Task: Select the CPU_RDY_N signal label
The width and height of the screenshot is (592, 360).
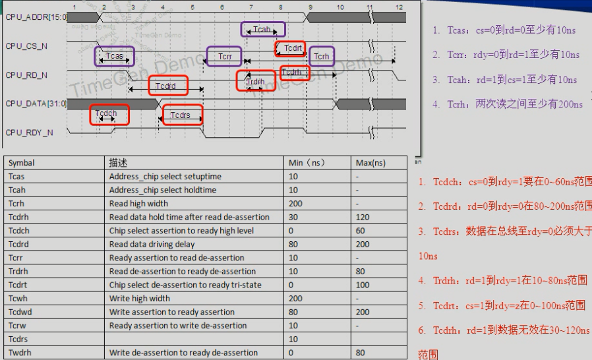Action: (29, 133)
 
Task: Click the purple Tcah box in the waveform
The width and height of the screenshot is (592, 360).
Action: (263, 29)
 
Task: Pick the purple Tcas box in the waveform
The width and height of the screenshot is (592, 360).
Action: (115, 56)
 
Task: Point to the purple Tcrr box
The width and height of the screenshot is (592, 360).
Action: (225, 57)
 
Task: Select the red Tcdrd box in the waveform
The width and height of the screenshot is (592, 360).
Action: (167, 86)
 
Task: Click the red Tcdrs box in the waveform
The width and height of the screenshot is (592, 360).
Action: (182, 115)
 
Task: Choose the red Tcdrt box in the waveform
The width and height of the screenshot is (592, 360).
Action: (291, 48)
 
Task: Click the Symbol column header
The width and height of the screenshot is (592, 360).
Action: (22, 163)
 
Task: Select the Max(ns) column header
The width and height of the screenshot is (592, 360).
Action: (370, 163)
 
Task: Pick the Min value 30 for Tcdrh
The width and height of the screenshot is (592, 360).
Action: (293, 217)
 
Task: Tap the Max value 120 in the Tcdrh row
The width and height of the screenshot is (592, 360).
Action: (361, 217)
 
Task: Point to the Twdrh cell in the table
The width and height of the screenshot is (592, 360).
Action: (20, 353)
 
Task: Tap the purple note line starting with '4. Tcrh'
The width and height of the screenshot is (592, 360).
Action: (508, 104)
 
